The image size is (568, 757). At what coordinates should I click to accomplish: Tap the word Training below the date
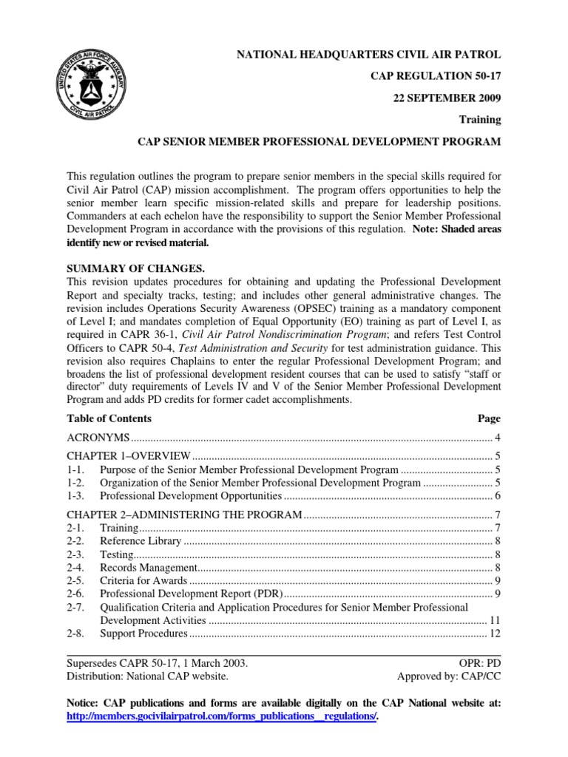tap(481, 119)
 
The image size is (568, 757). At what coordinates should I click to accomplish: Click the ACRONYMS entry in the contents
tap(98, 438)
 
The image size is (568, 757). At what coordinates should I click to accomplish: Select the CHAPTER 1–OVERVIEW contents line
tap(129, 455)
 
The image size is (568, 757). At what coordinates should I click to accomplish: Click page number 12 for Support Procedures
tap(495, 634)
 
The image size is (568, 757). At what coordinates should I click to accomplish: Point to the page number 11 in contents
tap(495, 620)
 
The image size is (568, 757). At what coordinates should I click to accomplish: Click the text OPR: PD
tap(480, 663)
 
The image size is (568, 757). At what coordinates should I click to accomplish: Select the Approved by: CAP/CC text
tap(449, 676)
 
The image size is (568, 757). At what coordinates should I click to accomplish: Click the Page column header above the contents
tap(489, 418)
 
